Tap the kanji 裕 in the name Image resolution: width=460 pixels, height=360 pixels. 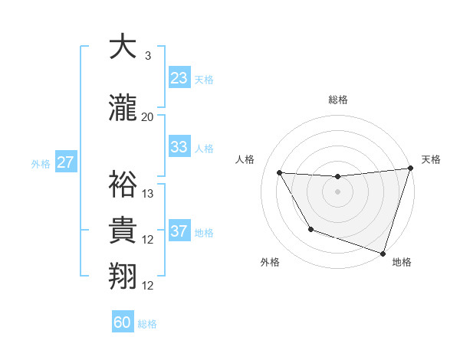click(x=122, y=185)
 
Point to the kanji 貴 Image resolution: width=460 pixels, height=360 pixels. click(x=122, y=231)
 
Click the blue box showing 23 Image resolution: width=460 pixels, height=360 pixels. click(x=179, y=78)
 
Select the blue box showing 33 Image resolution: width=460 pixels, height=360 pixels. click(x=179, y=147)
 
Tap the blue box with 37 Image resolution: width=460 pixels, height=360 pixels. click(x=179, y=231)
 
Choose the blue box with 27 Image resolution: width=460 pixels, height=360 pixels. click(x=65, y=162)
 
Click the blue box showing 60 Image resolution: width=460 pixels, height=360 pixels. click(x=123, y=322)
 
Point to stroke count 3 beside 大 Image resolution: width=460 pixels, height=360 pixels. click(x=147, y=56)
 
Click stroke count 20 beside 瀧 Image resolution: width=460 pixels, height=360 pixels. click(x=147, y=117)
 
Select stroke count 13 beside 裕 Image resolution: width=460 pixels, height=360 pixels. click(x=148, y=194)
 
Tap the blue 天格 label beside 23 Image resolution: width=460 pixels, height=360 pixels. click(x=204, y=80)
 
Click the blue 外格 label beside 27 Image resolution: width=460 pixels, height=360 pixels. click(x=40, y=163)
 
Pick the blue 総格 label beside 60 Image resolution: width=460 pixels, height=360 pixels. click(x=147, y=324)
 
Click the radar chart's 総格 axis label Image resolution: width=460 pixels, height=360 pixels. click(x=337, y=100)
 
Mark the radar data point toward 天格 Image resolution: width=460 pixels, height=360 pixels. click(x=410, y=169)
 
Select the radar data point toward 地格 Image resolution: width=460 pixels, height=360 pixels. click(x=383, y=252)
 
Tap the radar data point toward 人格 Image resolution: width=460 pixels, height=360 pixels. click(x=280, y=173)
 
